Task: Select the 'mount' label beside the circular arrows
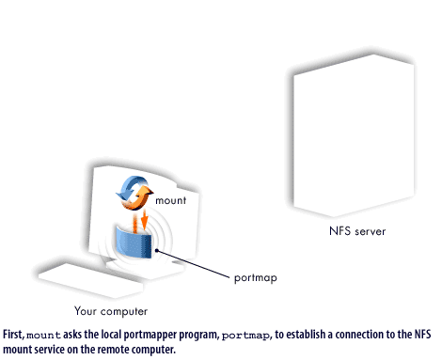170,200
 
